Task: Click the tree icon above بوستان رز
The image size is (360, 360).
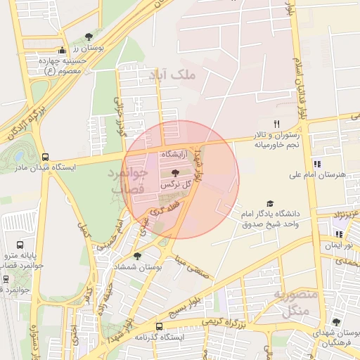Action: point(89,37)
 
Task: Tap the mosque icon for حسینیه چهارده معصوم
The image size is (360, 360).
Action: point(63,51)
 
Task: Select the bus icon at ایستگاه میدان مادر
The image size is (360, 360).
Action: point(46,157)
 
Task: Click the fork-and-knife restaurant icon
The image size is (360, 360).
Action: point(277,124)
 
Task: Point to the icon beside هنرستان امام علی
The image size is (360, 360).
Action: point(317,164)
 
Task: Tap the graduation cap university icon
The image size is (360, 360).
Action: point(270,203)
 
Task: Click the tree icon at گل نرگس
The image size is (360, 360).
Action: point(175,173)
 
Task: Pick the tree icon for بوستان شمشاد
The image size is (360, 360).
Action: point(136,257)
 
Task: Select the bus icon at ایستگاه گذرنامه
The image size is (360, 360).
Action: point(160,326)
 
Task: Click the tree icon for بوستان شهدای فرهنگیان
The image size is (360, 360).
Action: point(337,322)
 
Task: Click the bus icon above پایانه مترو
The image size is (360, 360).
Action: point(6,245)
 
